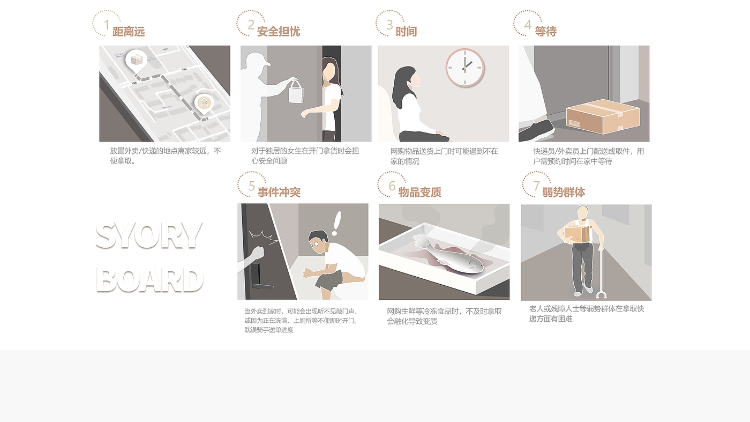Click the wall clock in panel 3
click(465, 68)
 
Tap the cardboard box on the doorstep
click(603, 116)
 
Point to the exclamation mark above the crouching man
click(336, 223)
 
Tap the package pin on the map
click(136, 61)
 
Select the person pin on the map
click(204, 104)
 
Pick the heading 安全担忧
click(278, 32)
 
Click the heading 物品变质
click(419, 193)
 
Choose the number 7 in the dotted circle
click(536, 186)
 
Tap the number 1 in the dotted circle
click(107, 25)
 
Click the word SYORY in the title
click(149, 235)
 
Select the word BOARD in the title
click(149, 280)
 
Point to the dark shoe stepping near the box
click(536, 130)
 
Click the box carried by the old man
click(577, 234)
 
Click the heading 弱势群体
click(564, 193)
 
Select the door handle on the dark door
click(263, 286)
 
